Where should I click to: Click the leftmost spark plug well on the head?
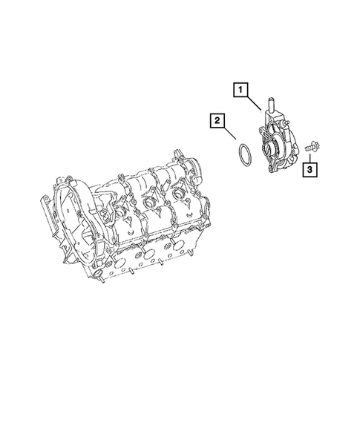112,214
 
